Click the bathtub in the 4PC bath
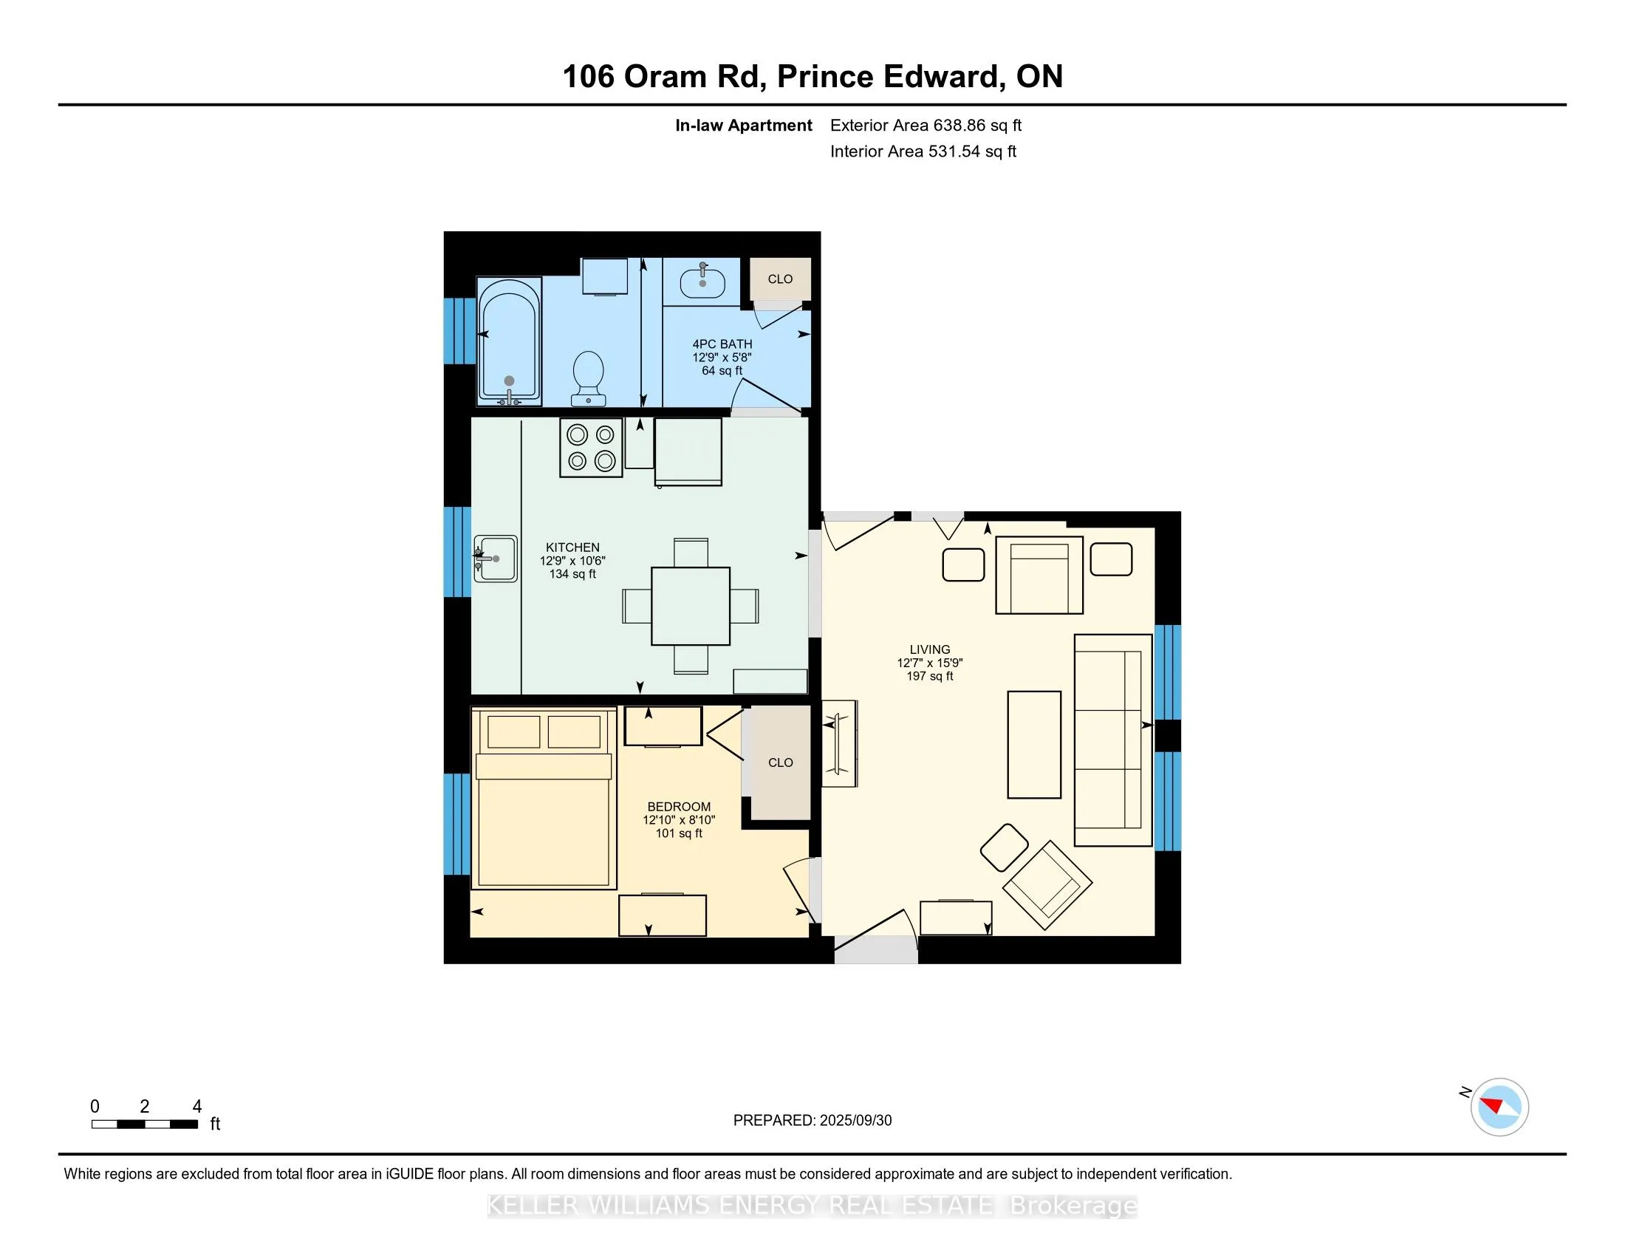click(509, 341)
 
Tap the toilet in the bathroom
click(588, 378)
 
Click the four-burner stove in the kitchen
click(592, 447)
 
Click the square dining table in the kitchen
click(691, 606)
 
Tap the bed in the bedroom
click(544, 799)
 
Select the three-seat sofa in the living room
click(1113, 740)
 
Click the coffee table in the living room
click(1034, 744)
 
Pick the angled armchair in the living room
click(1047, 884)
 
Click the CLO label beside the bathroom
click(780, 279)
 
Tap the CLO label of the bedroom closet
click(781, 762)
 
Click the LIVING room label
click(930, 649)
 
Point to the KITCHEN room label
click(572, 547)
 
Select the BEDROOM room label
click(679, 807)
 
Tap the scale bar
click(144, 1124)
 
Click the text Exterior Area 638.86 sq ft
click(926, 125)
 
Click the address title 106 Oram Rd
click(664, 77)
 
